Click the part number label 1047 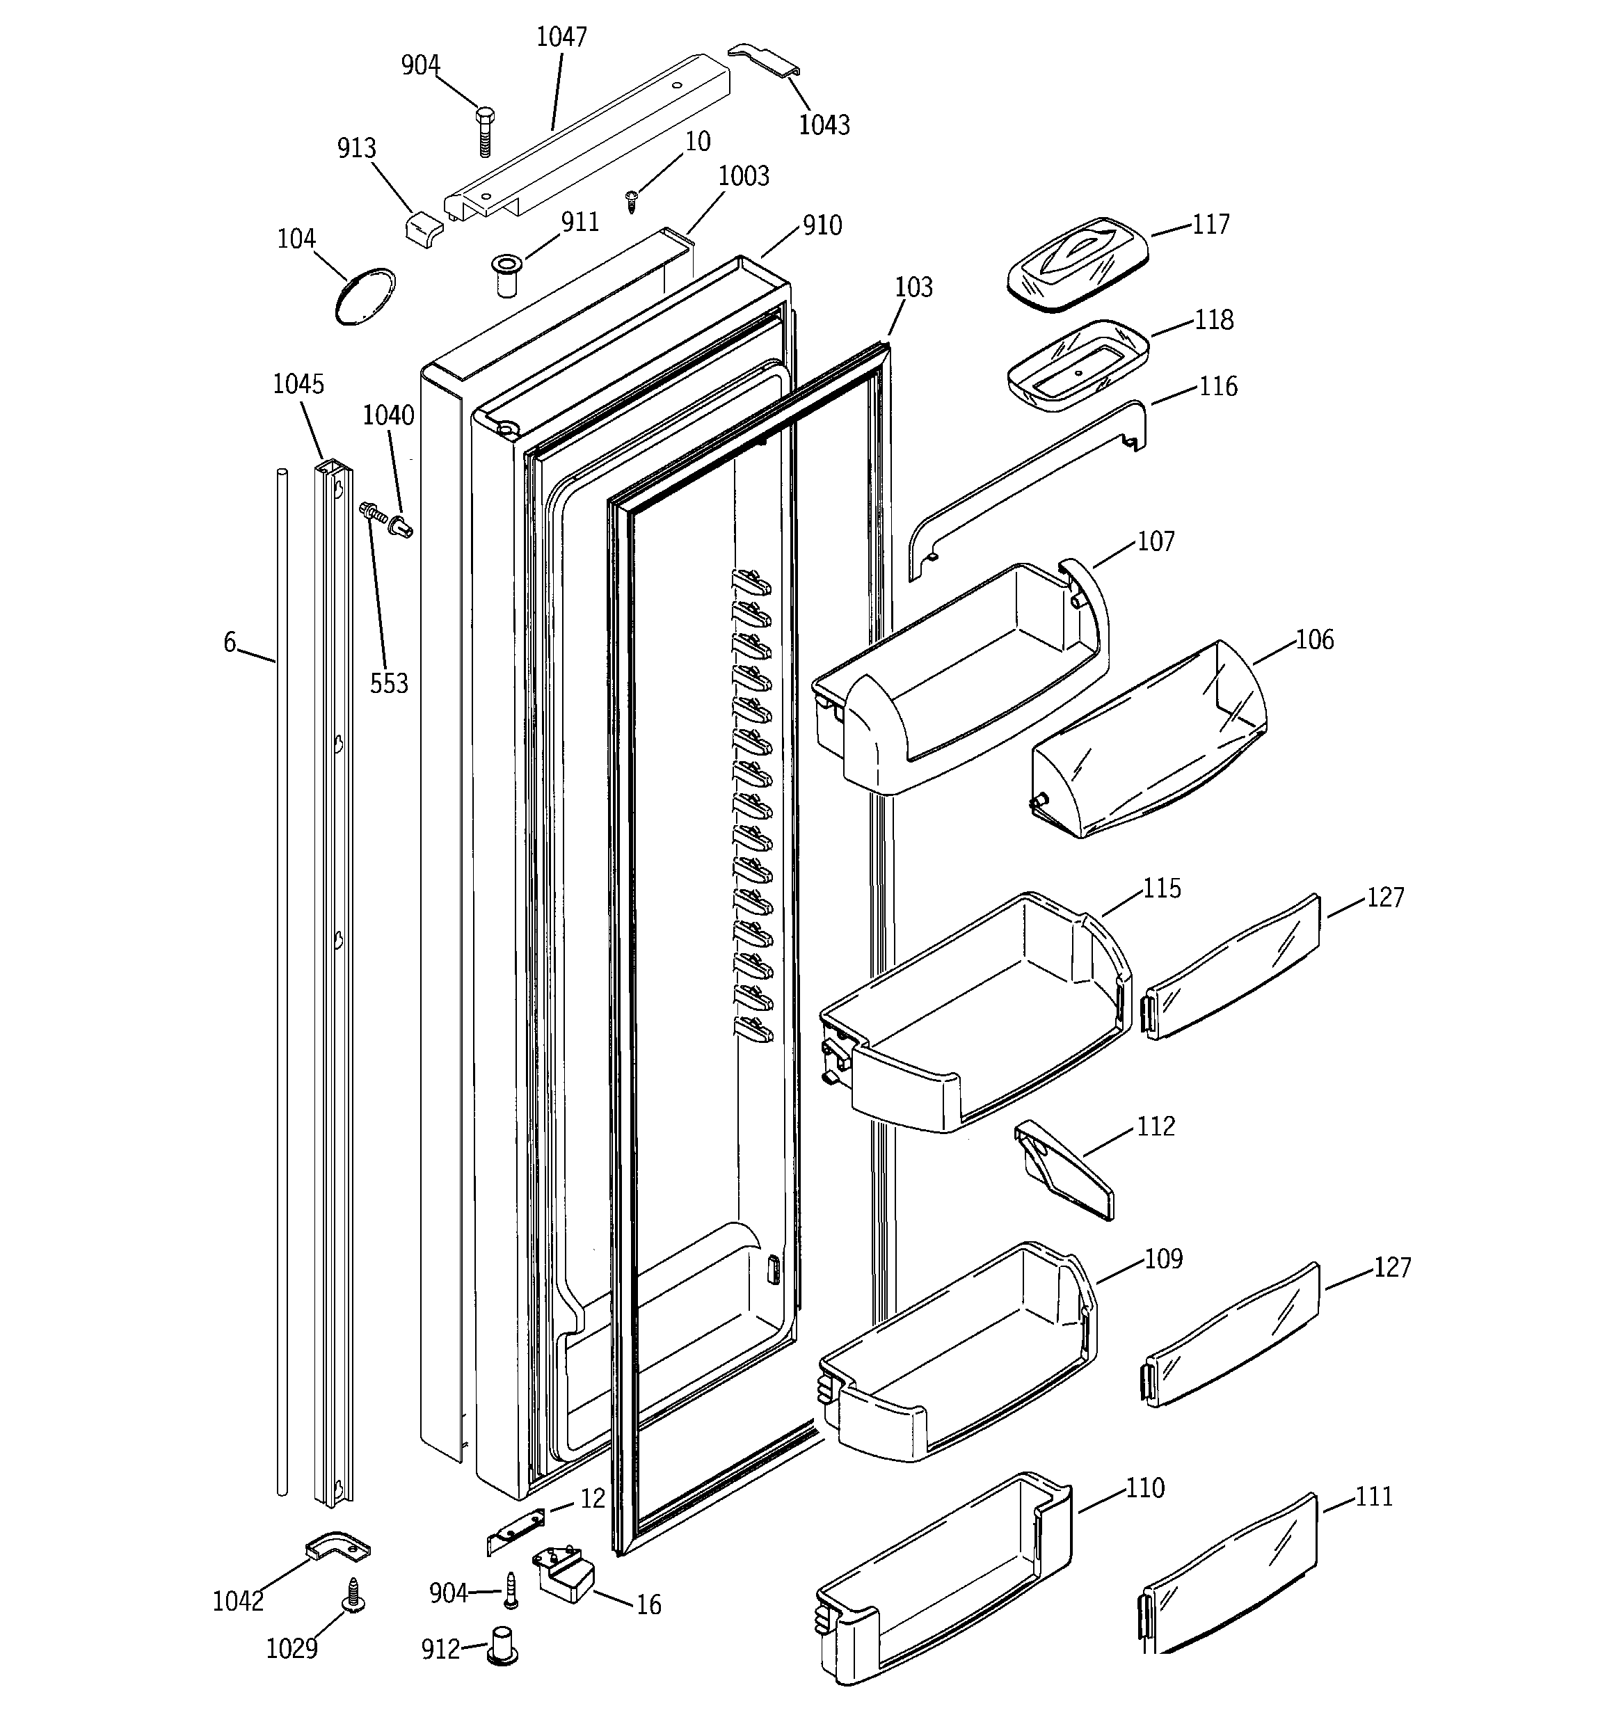[x=561, y=38]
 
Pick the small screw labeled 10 [x=632, y=202]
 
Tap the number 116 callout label [x=1217, y=386]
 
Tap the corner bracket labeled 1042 [x=338, y=1546]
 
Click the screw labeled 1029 [x=353, y=1594]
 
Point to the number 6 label [x=230, y=642]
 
